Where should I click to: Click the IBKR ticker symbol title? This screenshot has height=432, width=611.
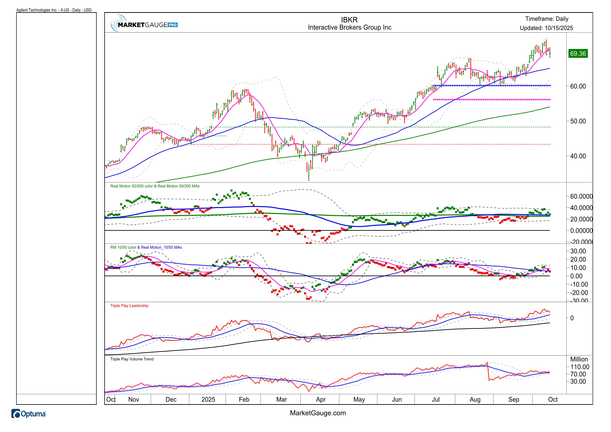point(349,20)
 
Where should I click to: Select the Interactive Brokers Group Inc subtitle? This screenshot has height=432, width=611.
point(349,27)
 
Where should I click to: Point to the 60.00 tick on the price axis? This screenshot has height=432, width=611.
point(578,87)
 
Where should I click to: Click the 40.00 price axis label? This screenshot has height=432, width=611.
point(578,156)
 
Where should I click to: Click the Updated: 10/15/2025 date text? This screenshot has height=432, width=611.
point(546,28)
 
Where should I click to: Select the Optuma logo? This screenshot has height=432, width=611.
point(29,414)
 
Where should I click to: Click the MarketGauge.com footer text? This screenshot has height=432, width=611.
point(318,413)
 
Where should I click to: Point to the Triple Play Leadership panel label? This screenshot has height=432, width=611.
point(129,306)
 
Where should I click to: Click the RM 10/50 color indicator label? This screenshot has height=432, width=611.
point(123,247)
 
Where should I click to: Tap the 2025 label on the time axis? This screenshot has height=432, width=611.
point(208,400)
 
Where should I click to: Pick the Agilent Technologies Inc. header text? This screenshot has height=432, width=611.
point(54,10)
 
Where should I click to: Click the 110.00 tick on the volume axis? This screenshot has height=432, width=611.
point(580,367)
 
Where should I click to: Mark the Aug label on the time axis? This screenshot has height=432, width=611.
point(475,400)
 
